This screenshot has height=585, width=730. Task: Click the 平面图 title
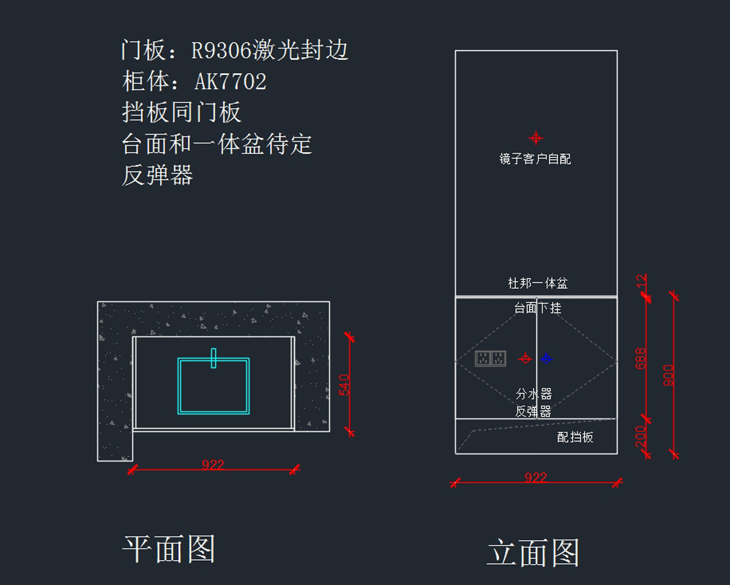click(169, 549)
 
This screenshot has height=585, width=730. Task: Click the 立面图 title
click(532, 553)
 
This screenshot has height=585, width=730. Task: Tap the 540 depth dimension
click(344, 385)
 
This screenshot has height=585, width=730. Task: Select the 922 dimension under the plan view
click(213, 465)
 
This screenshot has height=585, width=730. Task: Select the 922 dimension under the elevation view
click(535, 478)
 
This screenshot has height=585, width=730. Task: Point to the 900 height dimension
click(669, 375)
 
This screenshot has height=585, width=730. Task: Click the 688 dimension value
click(641, 359)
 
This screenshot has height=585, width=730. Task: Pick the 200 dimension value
click(641, 436)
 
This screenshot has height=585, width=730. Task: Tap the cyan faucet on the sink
click(214, 358)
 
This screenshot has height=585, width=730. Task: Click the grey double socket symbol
click(490, 359)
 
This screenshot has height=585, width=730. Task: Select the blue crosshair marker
click(546, 358)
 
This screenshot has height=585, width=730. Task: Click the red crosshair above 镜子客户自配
click(535, 137)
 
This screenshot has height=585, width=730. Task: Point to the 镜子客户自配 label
click(535, 159)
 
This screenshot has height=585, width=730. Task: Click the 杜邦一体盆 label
click(538, 283)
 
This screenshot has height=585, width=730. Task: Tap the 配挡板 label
click(575, 437)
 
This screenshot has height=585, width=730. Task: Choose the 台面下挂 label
click(538, 308)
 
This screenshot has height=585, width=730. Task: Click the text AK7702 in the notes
click(231, 81)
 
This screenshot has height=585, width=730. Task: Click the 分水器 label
click(534, 394)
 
